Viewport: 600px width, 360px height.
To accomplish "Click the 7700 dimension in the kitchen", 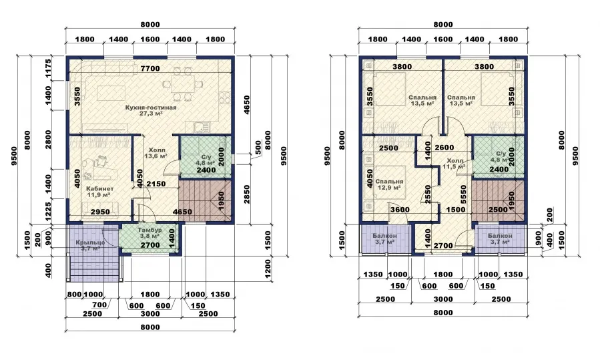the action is tap(150, 69).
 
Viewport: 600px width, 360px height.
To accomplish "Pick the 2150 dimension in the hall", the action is tap(156, 184).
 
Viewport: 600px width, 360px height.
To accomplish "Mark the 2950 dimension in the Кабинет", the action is tap(100, 212).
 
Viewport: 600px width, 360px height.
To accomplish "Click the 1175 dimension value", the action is tap(48, 68).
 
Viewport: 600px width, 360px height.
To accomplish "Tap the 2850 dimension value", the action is tap(247, 194).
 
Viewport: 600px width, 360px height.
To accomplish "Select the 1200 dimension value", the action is tap(268, 268).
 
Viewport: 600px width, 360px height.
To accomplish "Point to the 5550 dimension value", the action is tap(464, 194).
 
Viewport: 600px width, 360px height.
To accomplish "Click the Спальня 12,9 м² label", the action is tap(389, 184).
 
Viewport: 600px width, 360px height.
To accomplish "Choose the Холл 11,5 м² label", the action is tap(455, 164).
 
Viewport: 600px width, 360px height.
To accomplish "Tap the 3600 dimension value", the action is tap(400, 210).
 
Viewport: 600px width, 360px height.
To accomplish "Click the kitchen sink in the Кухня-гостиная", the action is tap(201, 126).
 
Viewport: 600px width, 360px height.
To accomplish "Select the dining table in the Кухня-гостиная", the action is tap(182, 84).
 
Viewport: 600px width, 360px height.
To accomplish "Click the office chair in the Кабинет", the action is tap(102, 160).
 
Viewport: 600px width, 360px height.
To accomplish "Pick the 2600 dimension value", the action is tap(444, 148).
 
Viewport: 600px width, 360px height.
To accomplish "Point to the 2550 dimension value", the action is tap(428, 194).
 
